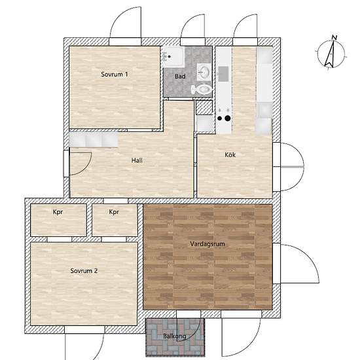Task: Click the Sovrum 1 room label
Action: pyautogui.click(x=115, y=75)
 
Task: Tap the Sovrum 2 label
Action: pyautogui.click(x=84, y=271)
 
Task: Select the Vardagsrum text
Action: pyautogui.click(x=207, y=244)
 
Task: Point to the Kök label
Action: pyautogui.click(x=230, y=154)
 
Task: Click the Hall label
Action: pyautogui.click(x=137, y=160)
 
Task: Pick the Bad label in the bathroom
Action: pyautogui.click(x=180, y=76)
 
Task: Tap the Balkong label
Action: pyautogui.click(x=175, y=336)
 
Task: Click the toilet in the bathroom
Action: pyautogui.click(x=202, y=89)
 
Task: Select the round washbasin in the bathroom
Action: pyautogui.click(x=204, y=71)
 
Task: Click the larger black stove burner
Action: pyautogui.click(x=228, y=118)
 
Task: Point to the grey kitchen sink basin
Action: pyautogui.click(x=223, y=74)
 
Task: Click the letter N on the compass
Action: pyautogui.click(x=334, y=38)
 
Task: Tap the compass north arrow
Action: pyautogui.click(x=330, y=54)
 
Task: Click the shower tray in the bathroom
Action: pyautogui.click(x=173, y=56)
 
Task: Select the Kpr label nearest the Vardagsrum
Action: pyautogui.click(x=114, y=211)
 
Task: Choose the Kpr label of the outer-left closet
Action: pyautogui.click(x=58, y=211)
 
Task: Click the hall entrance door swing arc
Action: pyautogui.click(x=86, y=166)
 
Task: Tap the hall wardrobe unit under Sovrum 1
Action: pyautogui.click(x=94, y=139)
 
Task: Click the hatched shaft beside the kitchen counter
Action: pyautogui.click(x=204, y=107)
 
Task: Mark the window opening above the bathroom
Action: pyautogui.click(x=192, y=42)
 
